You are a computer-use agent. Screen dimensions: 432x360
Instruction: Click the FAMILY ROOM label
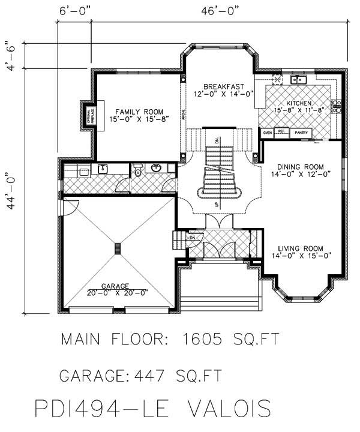(139, 112)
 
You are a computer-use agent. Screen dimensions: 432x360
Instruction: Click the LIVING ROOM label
(300, 248)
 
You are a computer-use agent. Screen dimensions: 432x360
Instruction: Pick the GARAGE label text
(118, 286)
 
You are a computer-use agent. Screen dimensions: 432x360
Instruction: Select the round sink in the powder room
(157, 168)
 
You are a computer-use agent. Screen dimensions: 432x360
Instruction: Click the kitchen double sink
(299, 80)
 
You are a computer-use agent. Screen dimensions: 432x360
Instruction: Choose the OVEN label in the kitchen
(268, 132)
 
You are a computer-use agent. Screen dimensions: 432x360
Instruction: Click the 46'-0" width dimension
(220, 11)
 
